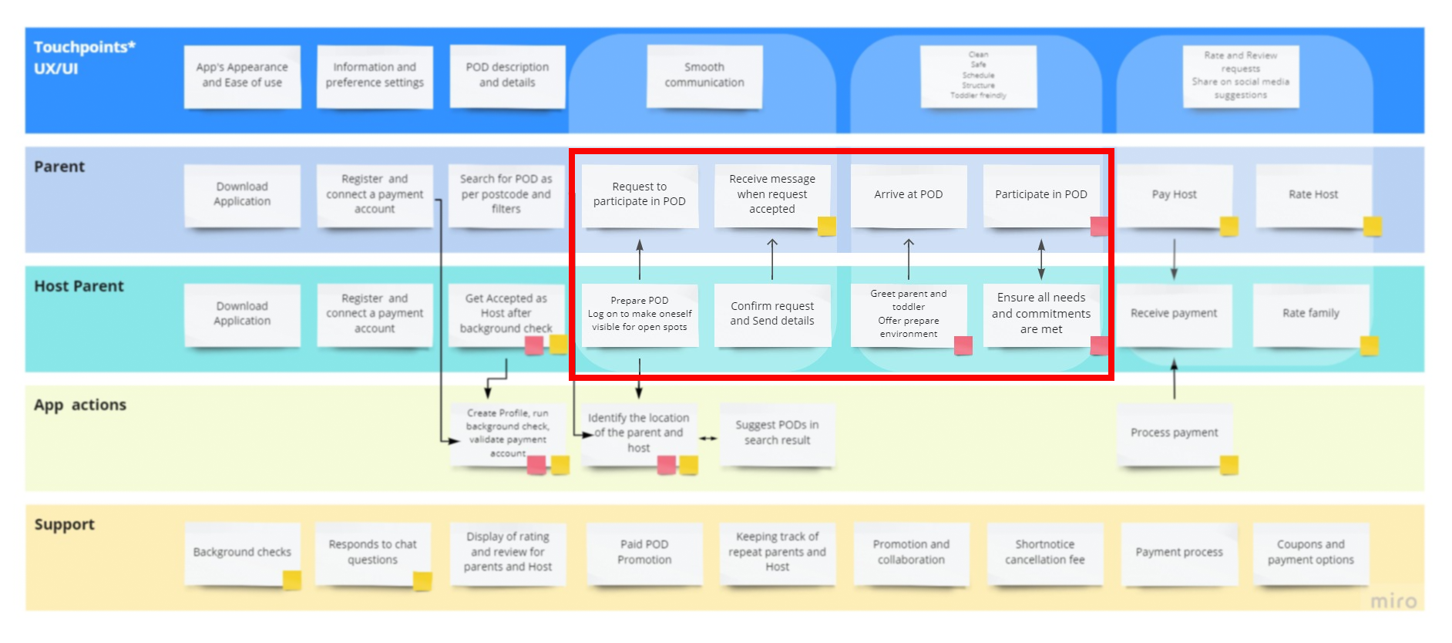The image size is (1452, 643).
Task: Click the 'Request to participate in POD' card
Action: [x=639, y=194]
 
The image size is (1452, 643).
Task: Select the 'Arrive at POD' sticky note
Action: [x=908, y=194]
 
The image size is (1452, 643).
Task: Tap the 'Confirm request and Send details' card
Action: [x=771, y=314]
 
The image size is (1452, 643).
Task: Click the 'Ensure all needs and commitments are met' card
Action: [x=1040, y=314]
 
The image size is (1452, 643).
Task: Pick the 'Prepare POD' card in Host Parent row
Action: [x=639, y=314]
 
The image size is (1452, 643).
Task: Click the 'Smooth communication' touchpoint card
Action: [x=704, y=75]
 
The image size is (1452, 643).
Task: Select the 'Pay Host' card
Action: [x=1173, y=194]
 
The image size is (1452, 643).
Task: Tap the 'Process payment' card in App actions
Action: [x=1173, y=433]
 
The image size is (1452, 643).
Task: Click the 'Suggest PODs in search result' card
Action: [x=777, y=433]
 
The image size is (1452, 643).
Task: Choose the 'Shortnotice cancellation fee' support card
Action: [x=1044, y=552]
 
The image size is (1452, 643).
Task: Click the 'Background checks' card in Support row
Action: [x=241, y=552]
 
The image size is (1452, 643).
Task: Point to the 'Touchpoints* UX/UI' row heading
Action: [x=84, y=58]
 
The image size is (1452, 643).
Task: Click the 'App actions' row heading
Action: [x=80, y=405]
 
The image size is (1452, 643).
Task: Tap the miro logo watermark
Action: [x=1393, y=601]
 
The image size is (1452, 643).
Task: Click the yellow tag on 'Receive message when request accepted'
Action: [x=826, y=226]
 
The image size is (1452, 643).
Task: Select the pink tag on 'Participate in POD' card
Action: [x=1099, y=226]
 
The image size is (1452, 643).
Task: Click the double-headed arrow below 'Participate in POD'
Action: [x=1041, y=259]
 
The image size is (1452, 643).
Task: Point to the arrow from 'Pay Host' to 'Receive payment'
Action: [x=1174, y=259]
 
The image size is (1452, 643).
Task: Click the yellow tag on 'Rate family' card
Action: [x=1369, y=345]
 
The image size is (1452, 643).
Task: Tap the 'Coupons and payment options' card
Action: [x=1310, y=552]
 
